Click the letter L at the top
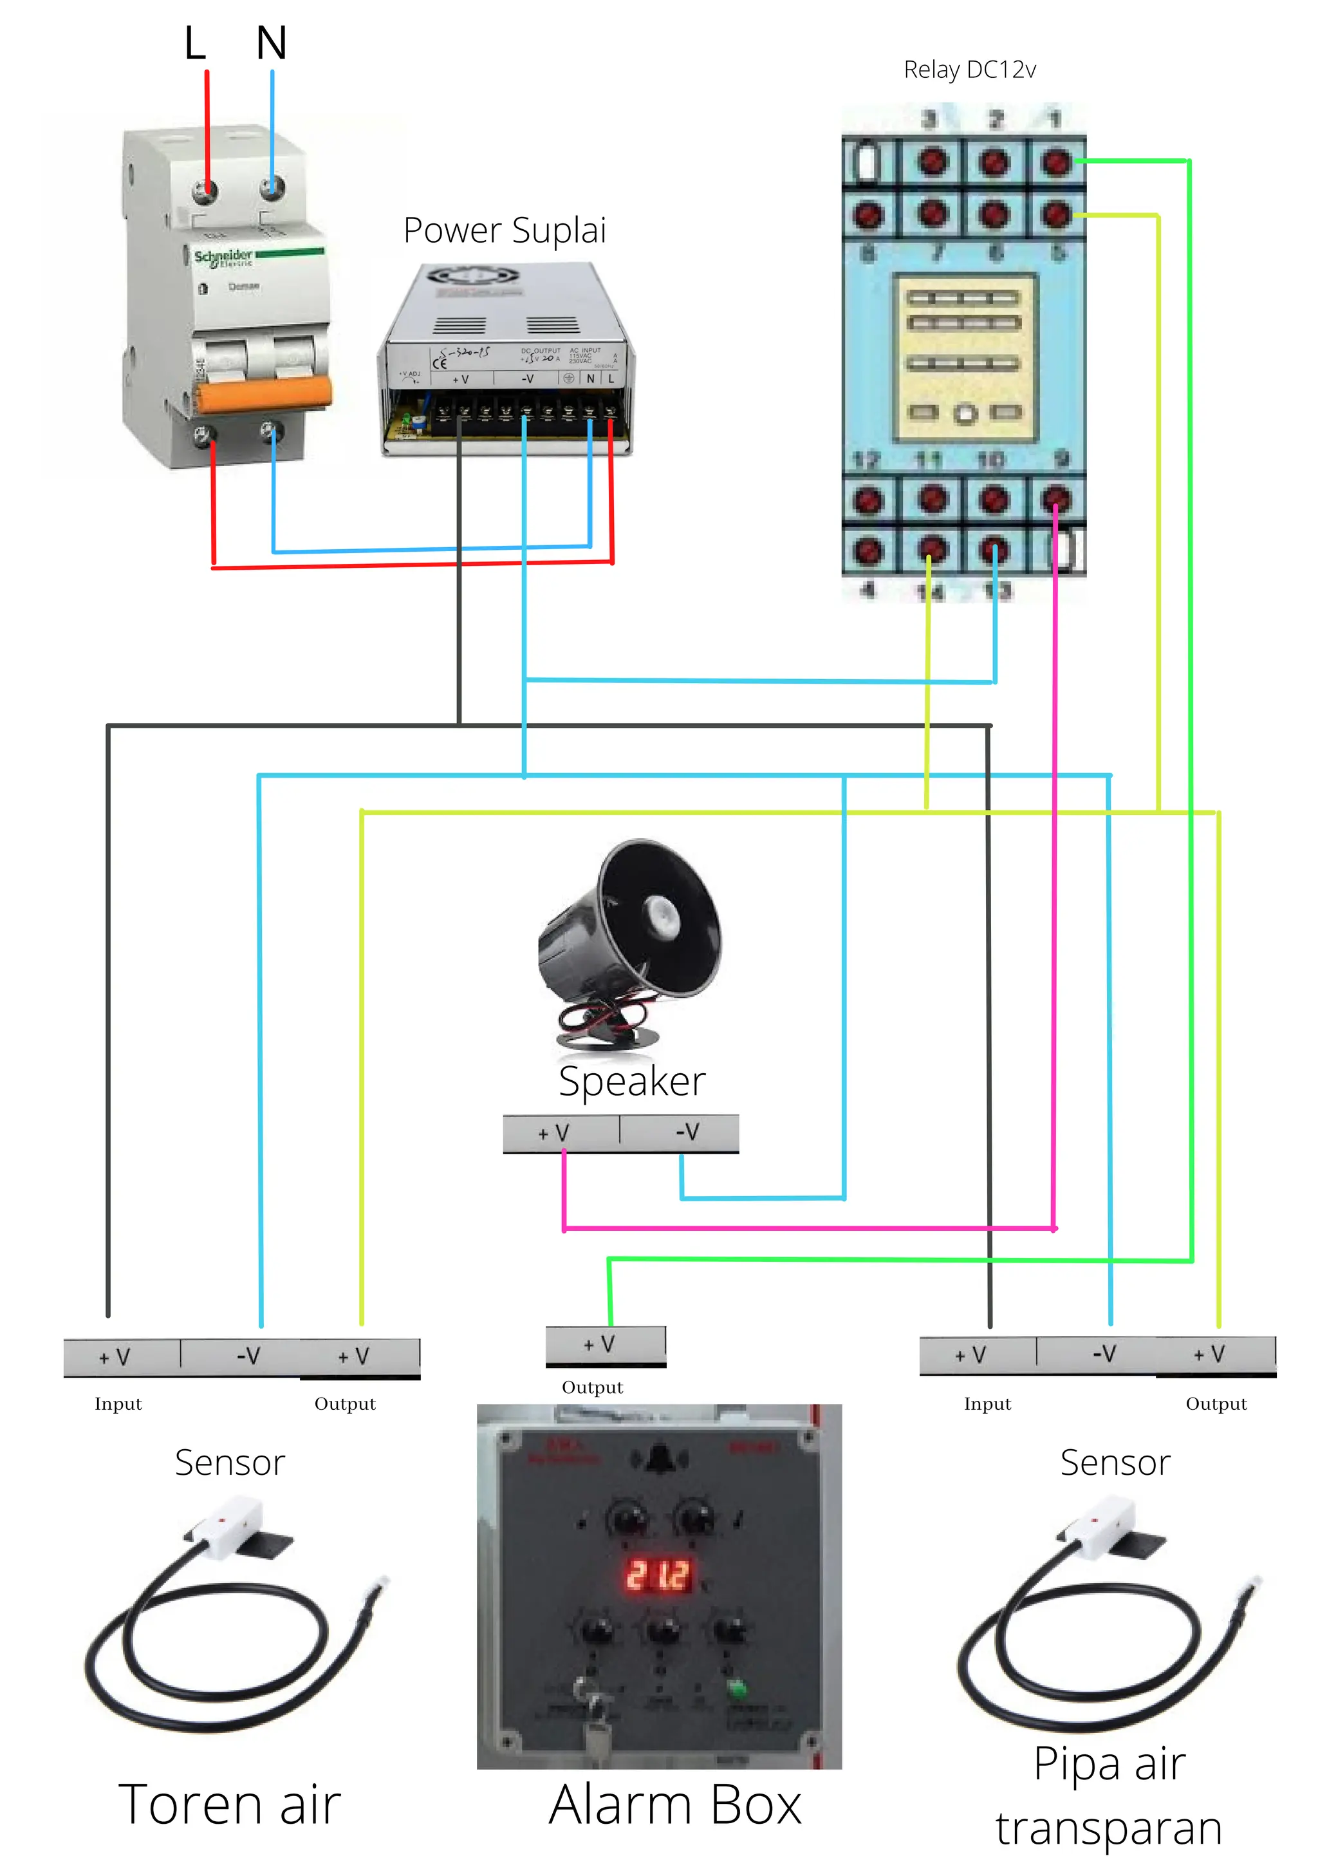194,43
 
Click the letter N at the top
271,43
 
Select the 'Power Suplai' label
505,230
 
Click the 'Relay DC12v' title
970,70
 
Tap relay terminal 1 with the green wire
1055,162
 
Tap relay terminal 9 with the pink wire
1055,499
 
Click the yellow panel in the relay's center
965,357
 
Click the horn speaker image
629,942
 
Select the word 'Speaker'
632,1081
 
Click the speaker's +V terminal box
561,1132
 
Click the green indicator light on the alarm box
737,1689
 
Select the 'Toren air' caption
230,1805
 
